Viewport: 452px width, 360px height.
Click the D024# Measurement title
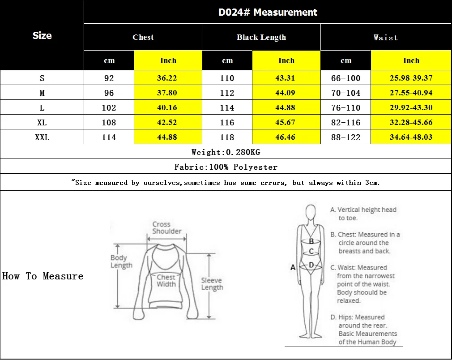click(x=268, y=12)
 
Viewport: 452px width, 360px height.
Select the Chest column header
click(x=143, y=37)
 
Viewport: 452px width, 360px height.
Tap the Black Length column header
click(x=261, y=37)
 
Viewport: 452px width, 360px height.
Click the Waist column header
click(x=385, y=38)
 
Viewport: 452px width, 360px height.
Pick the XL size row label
click(x=42, y=123)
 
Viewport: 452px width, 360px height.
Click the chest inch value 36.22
click(x=167, y=78)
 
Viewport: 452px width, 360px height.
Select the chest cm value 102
click(x=109, y=107)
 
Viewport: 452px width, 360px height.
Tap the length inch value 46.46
click(x=285, y=137)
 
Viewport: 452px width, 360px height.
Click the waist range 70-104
click(x=345, y=93)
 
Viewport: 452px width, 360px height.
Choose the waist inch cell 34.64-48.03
click(x=411, y=137)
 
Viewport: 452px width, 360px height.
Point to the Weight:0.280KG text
click(x=226, y=152)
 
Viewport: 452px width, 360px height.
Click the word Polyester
click(x=256, y=167)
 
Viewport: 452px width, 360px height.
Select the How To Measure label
click(x=43, y=276)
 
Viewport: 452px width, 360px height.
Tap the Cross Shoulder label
click(x=167, y=227)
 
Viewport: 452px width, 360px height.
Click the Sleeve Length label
click(x=212, y=284)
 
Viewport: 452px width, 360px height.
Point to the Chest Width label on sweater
click(x=166, y=281)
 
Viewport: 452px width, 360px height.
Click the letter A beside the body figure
click(x=293, y=267)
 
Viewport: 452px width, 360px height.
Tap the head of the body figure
click(x=311, y=212)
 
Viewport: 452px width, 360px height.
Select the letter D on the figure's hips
click(x=311, y=265)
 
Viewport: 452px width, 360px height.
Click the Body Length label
click(x=121, y=261)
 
